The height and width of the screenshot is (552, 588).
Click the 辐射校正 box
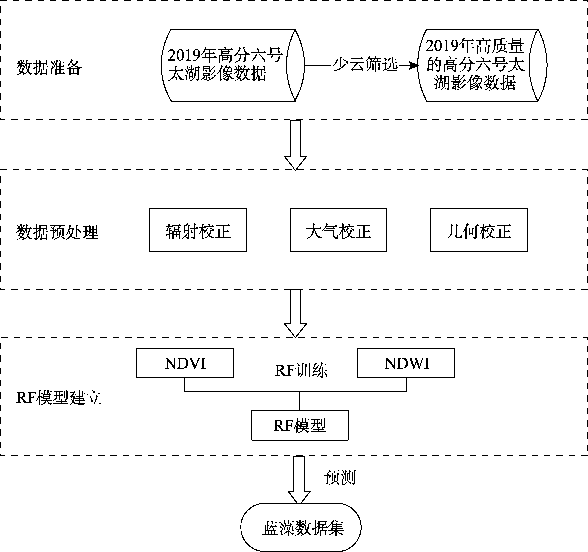pos(198,230)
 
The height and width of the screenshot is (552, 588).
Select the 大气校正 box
pos(338,230)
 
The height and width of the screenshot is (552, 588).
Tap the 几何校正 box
pos(479,230)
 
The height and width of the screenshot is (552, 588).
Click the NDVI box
pos(185,363)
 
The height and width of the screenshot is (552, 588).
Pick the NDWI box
pos(406,363)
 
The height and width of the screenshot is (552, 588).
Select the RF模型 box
pos(300,425)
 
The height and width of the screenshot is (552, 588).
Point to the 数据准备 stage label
pos(49,67)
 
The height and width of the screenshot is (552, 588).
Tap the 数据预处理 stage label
pos(57,232)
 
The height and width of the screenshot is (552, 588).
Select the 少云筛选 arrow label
pos(365,64)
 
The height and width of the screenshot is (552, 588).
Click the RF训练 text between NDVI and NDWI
pos(301,370)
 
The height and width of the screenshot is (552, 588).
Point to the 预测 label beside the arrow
pos(340,477)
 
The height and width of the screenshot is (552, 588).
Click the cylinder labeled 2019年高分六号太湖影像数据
pos(233,65)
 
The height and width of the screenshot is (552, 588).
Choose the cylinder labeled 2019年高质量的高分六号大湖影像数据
pos(482,65)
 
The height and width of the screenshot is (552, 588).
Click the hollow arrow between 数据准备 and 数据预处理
pos(295,145)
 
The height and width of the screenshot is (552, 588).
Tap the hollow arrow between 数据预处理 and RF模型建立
pos(295,313)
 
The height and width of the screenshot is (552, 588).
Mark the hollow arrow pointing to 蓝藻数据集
pos(299,480)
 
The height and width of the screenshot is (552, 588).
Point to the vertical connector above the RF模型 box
pos(300,401)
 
